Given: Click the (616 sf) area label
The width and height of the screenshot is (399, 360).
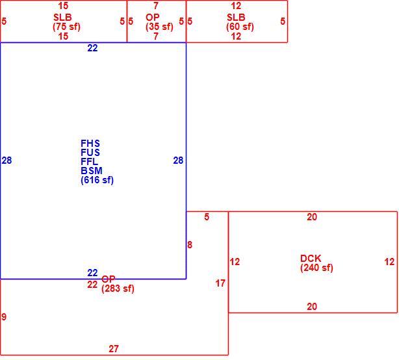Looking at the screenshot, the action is click(97, 180).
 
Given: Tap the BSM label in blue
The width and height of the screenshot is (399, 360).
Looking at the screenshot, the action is click(92, 171).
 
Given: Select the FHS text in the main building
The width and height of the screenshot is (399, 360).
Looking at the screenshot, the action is click(90, 144).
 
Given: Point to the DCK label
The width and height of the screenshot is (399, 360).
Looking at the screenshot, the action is click(311, 259).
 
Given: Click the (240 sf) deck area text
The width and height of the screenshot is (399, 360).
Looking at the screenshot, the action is click(316, 268).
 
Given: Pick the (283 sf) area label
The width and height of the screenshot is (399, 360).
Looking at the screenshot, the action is click(118, 289).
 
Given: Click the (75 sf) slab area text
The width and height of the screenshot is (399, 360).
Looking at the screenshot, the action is click(66, 27).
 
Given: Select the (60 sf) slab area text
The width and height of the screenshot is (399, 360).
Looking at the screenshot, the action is click(240, 27).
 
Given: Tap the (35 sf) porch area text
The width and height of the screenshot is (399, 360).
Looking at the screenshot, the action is click(160, 27).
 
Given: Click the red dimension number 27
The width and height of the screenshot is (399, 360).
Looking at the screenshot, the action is click(114, 348).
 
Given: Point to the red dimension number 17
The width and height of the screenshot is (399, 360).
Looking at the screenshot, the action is click(220, 283).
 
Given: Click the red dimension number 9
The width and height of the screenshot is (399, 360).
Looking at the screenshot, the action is click(4, 317).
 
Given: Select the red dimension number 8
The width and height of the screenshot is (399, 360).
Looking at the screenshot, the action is click(190, 245).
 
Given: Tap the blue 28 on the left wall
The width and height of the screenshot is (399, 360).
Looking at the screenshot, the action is click(6, 161).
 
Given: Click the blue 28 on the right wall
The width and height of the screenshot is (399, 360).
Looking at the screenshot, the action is click(178, 161).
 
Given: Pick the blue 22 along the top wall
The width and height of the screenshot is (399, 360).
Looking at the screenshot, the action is click(92, 48).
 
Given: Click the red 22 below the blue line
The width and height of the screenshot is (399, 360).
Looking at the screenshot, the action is click(92, 285).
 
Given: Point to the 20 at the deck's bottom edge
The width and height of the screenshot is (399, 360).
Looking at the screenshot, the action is click(312, 307).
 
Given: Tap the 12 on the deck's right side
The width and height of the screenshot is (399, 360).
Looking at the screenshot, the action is click(389, 262).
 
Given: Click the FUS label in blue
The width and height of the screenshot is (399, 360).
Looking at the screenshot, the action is click(90, 153).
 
